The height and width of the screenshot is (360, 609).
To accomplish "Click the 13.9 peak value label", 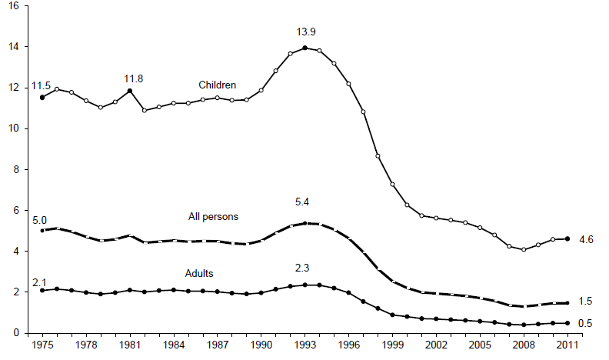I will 306,32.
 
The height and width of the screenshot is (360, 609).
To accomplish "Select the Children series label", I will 217,85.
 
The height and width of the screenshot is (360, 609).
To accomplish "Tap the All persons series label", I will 213,217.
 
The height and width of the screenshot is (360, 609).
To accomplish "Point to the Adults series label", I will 200,273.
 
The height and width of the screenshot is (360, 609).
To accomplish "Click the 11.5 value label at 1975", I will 42,85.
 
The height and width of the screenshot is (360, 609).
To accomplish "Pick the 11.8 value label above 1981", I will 134,78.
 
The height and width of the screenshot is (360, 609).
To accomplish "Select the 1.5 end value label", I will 584,302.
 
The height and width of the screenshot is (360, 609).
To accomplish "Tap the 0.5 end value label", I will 584,324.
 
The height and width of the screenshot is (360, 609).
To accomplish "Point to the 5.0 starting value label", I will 38,219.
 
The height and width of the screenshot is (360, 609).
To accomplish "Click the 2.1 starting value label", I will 38,282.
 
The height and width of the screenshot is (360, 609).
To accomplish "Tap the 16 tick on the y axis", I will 15,6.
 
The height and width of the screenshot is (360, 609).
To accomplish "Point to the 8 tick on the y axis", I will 18,169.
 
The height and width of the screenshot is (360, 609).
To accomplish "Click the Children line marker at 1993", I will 305,48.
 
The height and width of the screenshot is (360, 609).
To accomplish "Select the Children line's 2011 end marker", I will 567,238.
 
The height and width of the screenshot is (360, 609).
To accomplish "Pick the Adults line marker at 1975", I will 42,290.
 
